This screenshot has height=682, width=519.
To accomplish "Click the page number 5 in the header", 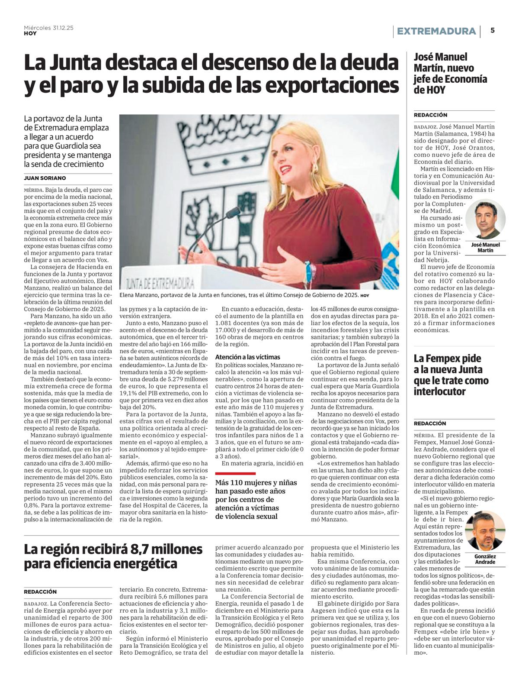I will (x=493, y=30).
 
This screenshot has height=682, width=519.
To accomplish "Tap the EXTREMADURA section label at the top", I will (x=436, y=31).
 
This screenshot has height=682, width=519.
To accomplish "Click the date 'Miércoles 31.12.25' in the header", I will (x=48, y=27).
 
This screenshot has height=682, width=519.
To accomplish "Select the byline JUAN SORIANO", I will (x=45, y=178).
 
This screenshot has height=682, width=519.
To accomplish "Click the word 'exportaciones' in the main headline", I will (x=332, y=86).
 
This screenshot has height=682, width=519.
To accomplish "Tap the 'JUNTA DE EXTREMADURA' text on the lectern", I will (x=160, y=284).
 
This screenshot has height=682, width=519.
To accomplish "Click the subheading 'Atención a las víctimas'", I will (x=247, y=357).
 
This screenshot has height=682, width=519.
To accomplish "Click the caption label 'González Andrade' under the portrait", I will (x=485, y=559).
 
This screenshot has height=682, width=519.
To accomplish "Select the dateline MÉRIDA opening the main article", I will (x=33, y=190).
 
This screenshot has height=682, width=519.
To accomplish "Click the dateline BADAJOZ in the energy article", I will (x=36, y=604).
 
